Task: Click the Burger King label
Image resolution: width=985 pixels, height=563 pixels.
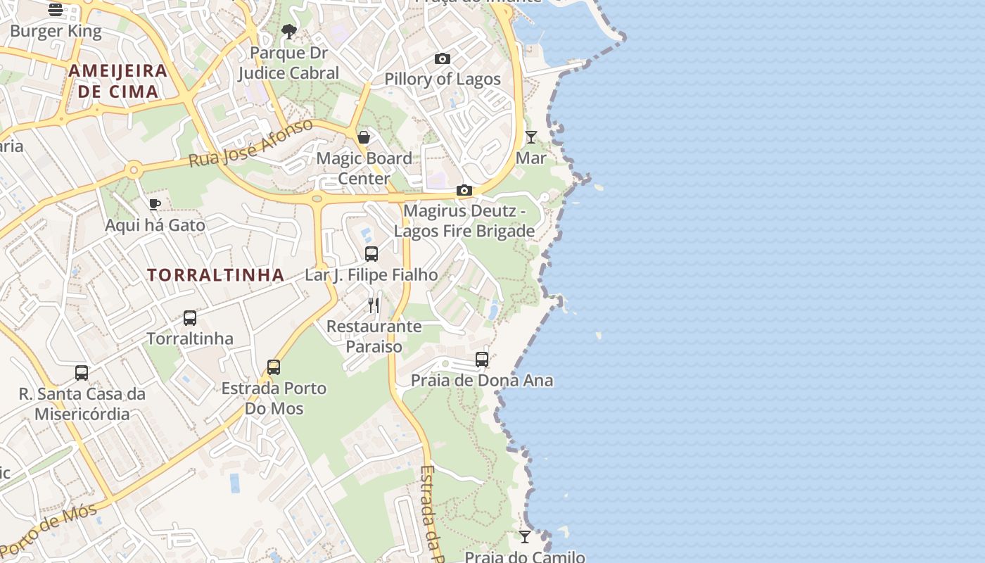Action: click(56, 31)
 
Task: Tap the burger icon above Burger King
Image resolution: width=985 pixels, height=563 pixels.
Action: click(56, 9)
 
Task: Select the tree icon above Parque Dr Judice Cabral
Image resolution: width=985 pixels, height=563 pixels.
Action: click(288, 31)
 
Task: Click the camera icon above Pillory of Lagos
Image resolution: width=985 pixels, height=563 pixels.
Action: click(442, 58)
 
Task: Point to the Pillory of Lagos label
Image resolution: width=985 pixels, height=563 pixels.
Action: click(442, 79)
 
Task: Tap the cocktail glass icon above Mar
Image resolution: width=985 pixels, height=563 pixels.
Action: click(531, 137)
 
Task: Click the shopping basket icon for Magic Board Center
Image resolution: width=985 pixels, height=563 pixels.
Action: click(364, 137)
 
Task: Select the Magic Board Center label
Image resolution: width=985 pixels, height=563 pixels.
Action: click(364, 168)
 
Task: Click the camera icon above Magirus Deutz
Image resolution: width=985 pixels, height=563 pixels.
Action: click(464, 190)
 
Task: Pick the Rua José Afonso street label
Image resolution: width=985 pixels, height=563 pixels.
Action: click(250, 144)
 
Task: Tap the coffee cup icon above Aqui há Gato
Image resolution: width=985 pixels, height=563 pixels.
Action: click(155, 204)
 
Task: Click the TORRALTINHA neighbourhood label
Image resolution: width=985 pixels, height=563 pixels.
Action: click(216, 275)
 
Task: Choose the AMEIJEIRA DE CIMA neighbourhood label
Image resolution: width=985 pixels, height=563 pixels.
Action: click(118, 81)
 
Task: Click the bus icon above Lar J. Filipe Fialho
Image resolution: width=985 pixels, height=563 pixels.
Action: click(371, 254)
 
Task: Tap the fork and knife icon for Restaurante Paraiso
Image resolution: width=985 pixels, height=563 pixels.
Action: click(374, 305)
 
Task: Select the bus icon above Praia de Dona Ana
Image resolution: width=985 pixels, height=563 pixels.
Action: click(482, 360)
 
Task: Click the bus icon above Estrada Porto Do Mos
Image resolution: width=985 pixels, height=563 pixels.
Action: click(274, 367)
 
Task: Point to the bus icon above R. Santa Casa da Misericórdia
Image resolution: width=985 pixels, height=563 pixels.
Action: click(82, 373)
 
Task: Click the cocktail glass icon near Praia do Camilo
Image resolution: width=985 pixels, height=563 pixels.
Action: click(525, 537)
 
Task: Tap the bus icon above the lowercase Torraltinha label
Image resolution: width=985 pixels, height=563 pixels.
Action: click(190, 317)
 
